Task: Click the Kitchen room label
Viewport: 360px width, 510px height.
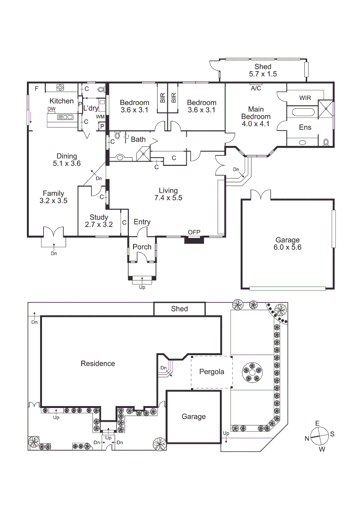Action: [x=62, y=101]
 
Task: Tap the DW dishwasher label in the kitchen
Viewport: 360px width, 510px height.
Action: [x=51, y=109]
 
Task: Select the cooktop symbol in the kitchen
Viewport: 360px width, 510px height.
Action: [x=60, y=87]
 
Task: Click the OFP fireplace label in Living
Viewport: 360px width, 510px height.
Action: [x=194, y=232]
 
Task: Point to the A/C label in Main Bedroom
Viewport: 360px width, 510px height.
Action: [x=256, y=88]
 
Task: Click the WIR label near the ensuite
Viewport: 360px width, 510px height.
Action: [x=305, y=98]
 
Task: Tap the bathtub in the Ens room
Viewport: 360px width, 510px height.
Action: [x=304, y=112]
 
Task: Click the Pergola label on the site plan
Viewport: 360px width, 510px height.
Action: [x=211, y=372]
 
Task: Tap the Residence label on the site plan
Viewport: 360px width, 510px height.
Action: [x=98, y=363]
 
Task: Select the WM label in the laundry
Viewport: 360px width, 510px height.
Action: [x=100, y=117]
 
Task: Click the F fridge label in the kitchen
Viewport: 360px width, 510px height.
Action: [x=36, y=88]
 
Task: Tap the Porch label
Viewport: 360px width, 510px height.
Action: [x=142, y=247]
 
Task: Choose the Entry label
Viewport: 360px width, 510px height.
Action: [x=142, y=222]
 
